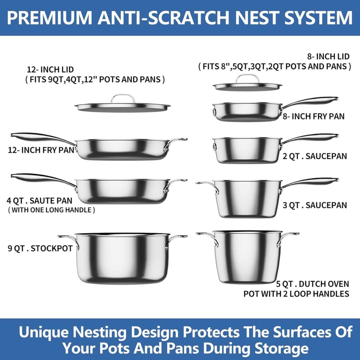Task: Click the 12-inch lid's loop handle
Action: (x=123, y=95)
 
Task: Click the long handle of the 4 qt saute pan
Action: (x=41, y=178)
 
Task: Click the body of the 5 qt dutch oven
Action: (x=247, y=257)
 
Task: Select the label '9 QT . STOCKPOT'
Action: (x=40, y=249)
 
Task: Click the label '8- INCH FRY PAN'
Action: (x=313, y=116)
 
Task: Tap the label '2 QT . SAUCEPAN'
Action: (x=315, y=156)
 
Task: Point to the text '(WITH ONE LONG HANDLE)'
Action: (x=51, y=210)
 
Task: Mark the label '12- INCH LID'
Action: (x=50, y=69)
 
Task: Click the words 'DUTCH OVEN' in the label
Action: (x=324, y=284)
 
